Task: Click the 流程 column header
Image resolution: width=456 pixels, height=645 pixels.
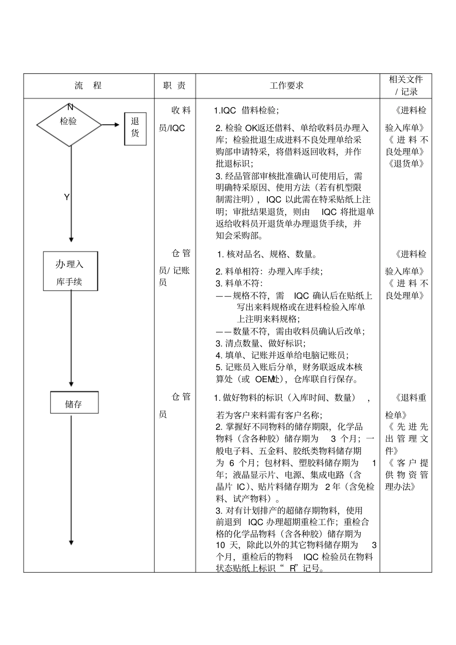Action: click(x=88, y=86)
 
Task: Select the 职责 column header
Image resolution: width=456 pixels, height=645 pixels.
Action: click(x=174, y=86)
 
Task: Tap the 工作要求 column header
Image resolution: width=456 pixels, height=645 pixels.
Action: click(x=287, y=86)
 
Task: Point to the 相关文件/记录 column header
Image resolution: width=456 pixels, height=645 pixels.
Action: click(x=406, y=85)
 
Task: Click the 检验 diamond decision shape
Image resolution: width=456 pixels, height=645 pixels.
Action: click(x=69, y=125)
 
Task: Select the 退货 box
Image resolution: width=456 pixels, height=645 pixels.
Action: click(x=135, y=128)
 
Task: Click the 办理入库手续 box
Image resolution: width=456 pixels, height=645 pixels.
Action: click(x=70, y=271)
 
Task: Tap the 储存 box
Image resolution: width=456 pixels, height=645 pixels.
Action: click(x=74, y=403)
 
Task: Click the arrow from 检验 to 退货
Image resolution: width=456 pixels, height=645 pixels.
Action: click(x=110, y=125)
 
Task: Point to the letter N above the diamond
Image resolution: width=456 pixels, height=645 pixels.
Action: click(x=70, y=106)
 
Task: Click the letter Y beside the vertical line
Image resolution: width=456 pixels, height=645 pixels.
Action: click(x=67, y=197)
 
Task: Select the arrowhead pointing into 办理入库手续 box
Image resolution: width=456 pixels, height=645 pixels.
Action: click(x=71, y=239)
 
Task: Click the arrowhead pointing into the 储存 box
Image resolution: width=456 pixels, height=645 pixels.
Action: click(x=71, y=384)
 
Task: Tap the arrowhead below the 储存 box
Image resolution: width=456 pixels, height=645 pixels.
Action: click(x=71, y=542)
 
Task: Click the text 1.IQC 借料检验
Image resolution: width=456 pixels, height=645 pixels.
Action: click(x=246, y=111)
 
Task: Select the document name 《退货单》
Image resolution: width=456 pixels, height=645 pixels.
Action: click(x=406, y=164)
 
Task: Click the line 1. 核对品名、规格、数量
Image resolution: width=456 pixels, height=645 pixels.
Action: click(x=267, y=254)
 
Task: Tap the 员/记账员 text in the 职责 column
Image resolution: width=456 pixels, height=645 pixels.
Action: click(x=174, y=276)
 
